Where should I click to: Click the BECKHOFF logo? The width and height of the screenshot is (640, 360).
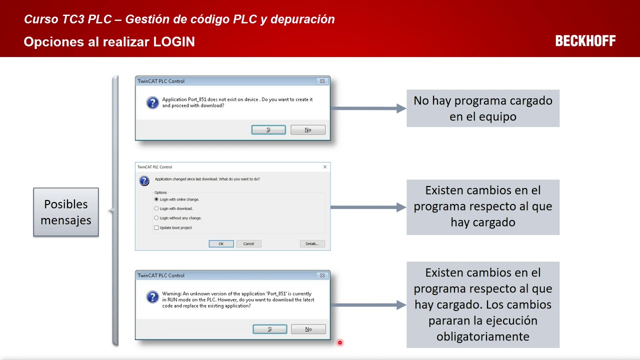coord(585,41)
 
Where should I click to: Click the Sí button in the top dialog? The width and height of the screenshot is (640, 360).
coord(268,130)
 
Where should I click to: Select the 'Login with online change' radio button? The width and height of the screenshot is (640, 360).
coord(156,199)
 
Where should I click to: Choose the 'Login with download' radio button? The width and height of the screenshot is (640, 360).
coord(156,208)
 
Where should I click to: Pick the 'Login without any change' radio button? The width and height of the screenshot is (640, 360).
coord(156,218)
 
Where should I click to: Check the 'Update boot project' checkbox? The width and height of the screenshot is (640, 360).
coord(156,228)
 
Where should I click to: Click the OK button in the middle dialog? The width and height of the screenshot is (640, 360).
coord(221,244)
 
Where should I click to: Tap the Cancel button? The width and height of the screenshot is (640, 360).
coord(248,244)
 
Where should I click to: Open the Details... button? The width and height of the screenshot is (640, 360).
coord(312,244)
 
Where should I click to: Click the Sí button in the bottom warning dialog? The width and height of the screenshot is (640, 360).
coord(269,329)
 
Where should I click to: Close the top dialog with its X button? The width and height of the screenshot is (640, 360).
coord(322,81)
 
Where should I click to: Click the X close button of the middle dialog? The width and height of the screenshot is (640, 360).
coord(325,167)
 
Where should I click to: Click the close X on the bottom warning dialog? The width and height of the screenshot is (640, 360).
coord(322,275)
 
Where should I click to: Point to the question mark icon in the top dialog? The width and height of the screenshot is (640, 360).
coord(152,102)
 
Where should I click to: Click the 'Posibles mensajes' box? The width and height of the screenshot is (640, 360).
coord(66,212)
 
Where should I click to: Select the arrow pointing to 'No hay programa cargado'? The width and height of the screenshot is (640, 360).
coord(368,108)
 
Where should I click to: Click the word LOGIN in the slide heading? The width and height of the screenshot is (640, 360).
coord(174,41)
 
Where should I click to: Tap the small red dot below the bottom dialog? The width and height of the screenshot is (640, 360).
coord(340,342)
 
